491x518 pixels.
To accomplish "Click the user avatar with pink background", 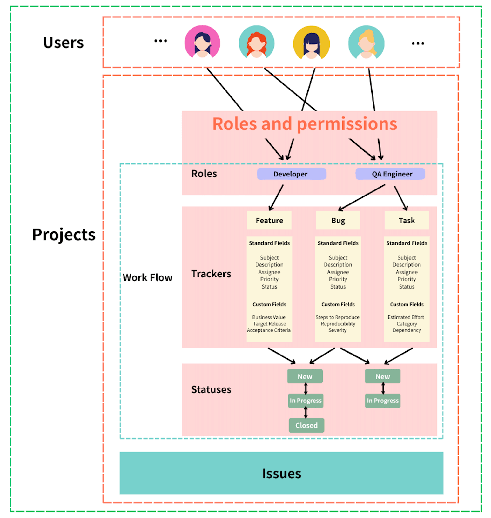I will (x=202, y=42).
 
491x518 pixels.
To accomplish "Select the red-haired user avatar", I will (x=257, y=43).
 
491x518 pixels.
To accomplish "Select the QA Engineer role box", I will (x=390, y=174).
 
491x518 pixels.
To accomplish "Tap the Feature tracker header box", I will (x=269, y=220).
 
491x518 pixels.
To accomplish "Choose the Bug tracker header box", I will (x=338, y=220).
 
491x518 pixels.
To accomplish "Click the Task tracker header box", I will (x=407, y=220).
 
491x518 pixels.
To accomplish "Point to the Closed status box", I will (x=306, y=425).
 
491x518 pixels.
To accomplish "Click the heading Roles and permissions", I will (x=305, y=124).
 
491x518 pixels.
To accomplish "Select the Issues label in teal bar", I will (x=281, y=473).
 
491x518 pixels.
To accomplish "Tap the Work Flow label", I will (x=147, y=277).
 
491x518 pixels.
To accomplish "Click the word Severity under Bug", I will (x=338, y=330).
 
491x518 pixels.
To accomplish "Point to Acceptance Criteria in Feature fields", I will (x=269, y=330).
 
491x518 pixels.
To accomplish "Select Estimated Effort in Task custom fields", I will (x=406, y=317).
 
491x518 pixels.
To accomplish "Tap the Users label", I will (x=63, y=43).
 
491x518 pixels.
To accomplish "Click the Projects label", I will (x=64, y=235).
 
